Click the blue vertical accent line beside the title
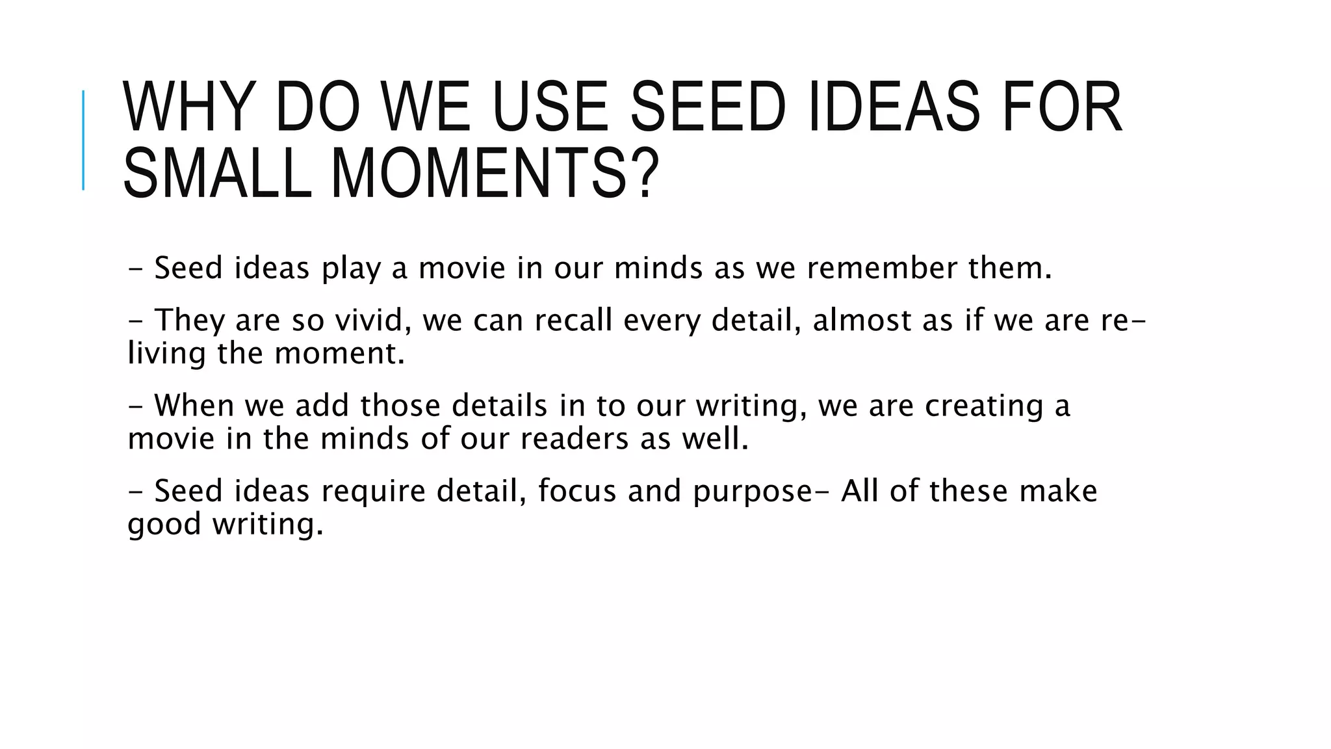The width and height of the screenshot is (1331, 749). click(83, 140)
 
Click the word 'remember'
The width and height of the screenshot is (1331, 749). click(881, 268)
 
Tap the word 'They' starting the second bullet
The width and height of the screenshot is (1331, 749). click(188, 321)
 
